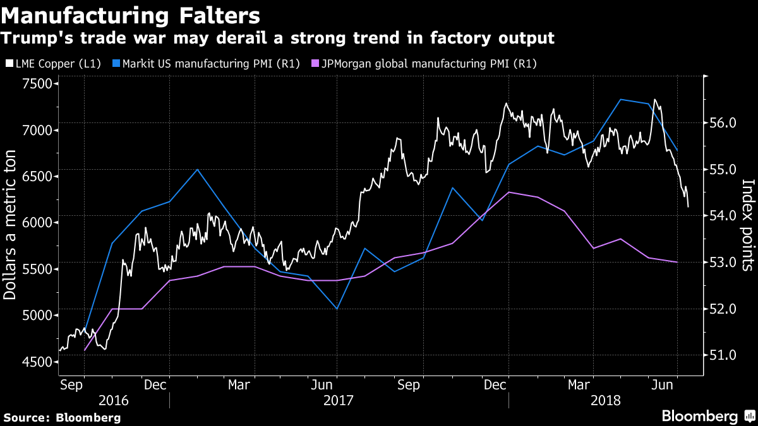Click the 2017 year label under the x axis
pos(339,400)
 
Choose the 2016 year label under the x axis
pos(114,400)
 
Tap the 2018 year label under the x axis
pos(606,400)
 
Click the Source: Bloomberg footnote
pos(61,417)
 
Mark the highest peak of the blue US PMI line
pos(620,99)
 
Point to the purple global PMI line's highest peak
pos(509,192)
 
